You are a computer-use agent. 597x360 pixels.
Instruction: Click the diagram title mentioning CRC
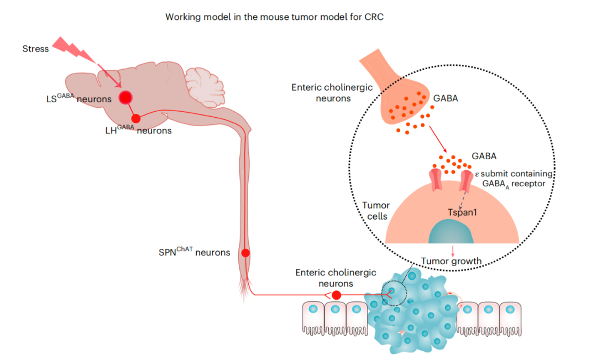tap(274, 17)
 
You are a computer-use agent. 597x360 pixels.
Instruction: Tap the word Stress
tap(35, 49)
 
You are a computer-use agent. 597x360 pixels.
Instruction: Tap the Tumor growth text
tap(452, 261)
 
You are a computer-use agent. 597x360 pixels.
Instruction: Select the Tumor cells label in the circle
tap(376, 211)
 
